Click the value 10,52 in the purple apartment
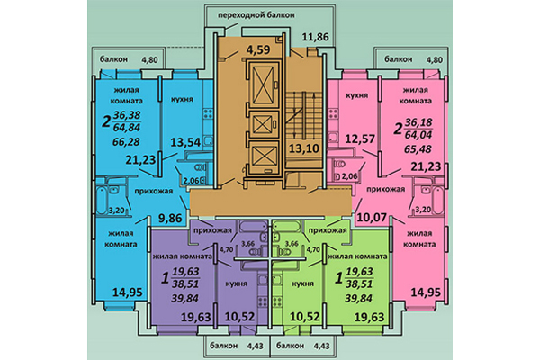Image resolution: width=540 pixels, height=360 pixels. (239, 317)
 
